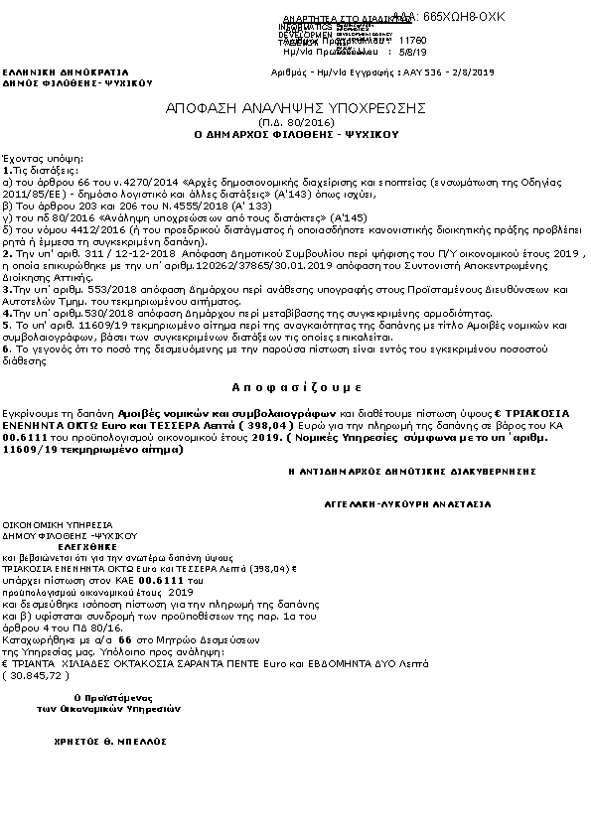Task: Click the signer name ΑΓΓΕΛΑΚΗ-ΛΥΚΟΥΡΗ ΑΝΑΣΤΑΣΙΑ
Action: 408,504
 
